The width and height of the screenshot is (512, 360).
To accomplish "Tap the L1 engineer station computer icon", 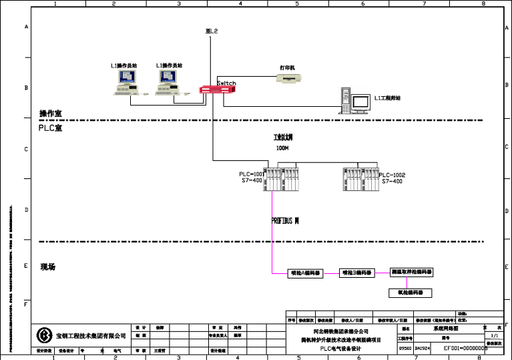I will point(356,100).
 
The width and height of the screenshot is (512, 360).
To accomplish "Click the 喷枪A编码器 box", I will point(304,273).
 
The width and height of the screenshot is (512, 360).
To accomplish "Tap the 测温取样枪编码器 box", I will point(411,273).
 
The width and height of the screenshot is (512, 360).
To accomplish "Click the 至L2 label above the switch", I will point(212,31).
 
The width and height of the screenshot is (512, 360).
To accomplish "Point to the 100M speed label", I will point(282,148).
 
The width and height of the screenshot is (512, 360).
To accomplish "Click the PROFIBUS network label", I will point(285,220).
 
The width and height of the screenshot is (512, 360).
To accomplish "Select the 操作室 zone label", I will point(51,114).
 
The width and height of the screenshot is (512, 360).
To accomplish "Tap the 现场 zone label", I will point(47,267).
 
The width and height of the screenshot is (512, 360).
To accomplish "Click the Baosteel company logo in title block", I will point(45,335).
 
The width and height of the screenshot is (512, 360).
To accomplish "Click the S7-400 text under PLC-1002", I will point(392,181).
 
